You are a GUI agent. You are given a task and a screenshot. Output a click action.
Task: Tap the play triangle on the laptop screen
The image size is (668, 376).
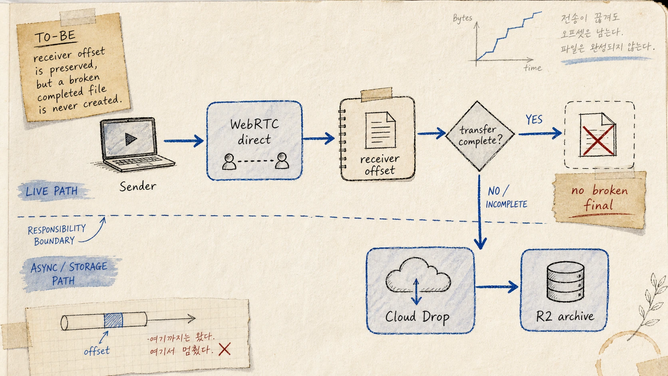(x=131, y=139)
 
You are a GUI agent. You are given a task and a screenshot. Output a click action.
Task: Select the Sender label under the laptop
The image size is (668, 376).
(x=138, y=187)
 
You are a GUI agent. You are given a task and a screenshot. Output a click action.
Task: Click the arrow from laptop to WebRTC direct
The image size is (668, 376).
(x=183, y=141)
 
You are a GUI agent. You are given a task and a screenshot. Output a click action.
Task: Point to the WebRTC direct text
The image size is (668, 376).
(x=254, y=132)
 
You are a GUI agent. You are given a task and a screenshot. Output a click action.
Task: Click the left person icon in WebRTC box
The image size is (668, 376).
(x=229, y=161)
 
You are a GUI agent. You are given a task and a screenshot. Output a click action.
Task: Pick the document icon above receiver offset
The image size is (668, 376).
(x=380, y=130)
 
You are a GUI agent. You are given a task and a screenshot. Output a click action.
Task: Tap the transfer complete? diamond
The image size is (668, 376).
(x=480, y=136)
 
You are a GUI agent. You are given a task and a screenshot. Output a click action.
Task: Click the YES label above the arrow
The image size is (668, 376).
(x=534, y=119)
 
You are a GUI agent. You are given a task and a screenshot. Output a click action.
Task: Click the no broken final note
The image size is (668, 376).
(x=599, y=199)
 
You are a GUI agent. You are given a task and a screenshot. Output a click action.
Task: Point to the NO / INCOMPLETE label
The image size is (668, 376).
(x=506, y=197)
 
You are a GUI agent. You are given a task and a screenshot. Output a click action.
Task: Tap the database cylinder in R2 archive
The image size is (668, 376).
(x=565, y=282)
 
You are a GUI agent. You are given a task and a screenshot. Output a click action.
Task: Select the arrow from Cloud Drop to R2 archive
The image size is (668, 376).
(x=497, y=287)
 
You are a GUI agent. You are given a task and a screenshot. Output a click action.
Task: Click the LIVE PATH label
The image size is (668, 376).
(x=52, y=191)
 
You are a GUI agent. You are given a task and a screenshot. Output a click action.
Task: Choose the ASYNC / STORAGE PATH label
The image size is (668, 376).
(x=69, y=274)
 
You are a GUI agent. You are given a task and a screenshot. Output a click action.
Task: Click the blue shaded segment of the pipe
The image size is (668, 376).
(x=113, y=320)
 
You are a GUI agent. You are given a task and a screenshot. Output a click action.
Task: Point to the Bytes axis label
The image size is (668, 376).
(x=463, y=18)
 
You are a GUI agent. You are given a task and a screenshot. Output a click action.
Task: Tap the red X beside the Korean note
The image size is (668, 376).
(x=225, y=349)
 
